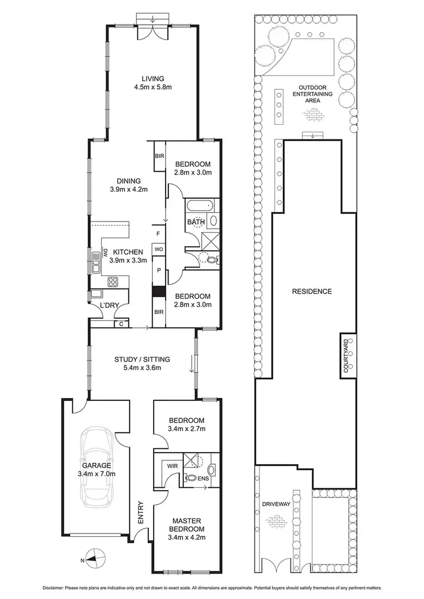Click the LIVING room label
153,78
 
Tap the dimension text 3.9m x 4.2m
128,189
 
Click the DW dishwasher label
105,255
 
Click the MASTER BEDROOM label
187,523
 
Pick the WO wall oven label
159,248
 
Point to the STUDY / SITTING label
142,359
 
